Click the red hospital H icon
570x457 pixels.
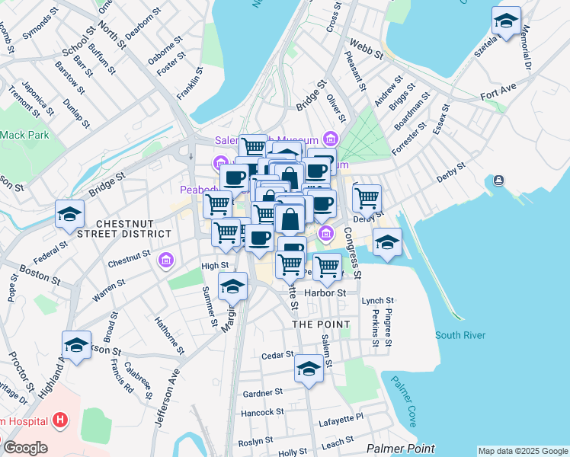click(x=60, y=420)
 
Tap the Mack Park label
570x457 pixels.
click(x=23, y=135)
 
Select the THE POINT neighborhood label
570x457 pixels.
click(x=322, y=324)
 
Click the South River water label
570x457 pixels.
click(x=460, y=335)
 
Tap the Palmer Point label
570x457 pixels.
click(x=400, y=449)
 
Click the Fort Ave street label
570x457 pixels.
click(x=499, y=97)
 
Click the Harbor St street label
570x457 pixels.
click(x=325, y=292)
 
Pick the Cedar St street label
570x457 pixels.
click(x=277, y=355)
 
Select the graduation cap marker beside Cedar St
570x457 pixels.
click(x=309, y=369)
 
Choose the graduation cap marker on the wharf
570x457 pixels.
click(x=387, y=243)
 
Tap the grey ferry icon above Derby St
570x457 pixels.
click(x=498, y=181)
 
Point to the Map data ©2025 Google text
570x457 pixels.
click(x=522, y=451)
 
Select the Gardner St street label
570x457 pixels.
click(x=263, y=392)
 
